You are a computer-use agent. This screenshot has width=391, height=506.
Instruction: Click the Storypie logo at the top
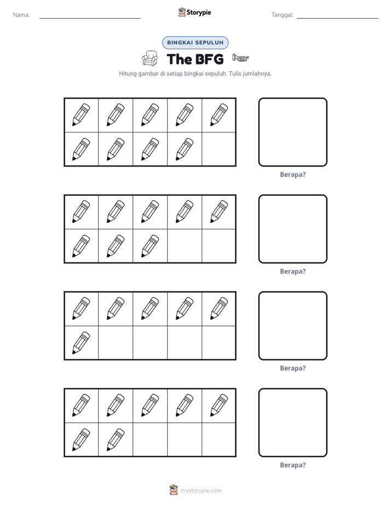(x=194, y=12)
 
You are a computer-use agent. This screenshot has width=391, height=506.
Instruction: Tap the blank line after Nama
(x=90, y=18)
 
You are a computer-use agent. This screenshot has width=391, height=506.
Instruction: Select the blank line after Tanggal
(x=337, y=18)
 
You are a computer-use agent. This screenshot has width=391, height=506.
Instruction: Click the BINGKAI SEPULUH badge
(x=195, y=43)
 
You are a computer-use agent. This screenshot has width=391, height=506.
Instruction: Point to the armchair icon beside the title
(x=150, y=59)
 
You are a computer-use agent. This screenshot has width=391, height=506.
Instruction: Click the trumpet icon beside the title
(x=240, y=58)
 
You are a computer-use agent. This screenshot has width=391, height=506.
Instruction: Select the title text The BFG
(x=195, y=59)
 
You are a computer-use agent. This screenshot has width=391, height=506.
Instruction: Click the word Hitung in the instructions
(x=128, y=73)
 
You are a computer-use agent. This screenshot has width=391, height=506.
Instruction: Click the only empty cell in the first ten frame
(x=219, y=149)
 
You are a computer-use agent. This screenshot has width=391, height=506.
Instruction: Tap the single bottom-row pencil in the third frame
(x=81, y=343)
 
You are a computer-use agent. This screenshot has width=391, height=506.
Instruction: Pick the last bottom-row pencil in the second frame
(x=150, y=246)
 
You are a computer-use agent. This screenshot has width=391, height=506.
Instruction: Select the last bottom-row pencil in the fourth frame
(x=116, y=440)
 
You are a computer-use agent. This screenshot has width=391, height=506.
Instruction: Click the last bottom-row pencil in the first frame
(x=185, y=149)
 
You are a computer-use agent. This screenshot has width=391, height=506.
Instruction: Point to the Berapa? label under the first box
(x=292, y=175)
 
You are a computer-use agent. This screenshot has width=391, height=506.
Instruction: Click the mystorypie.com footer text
(x=200, y=491)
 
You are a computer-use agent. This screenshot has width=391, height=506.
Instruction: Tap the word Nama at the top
(x=21, y=15)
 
